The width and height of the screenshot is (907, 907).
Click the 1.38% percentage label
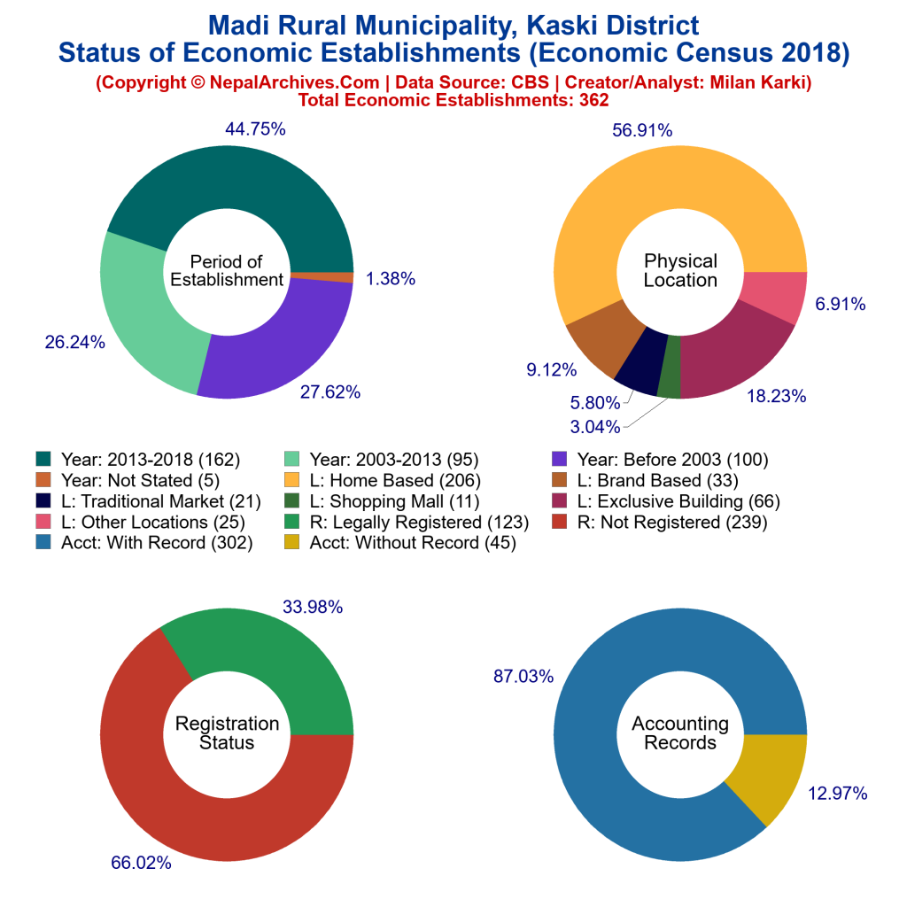pyautogui.click(x=391, y=279)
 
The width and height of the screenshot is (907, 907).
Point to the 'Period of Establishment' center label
pyautogui.click(x=227, y=270)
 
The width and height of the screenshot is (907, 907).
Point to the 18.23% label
pyautogui.click(x=777, y=396)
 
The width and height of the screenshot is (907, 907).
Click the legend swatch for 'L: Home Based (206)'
pyautogui.click(x=291, y=481)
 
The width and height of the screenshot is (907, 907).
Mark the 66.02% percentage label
pyautogui.click(x=141, y=862)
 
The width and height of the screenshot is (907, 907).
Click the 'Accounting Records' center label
pyautogui.click(x=680, y=733)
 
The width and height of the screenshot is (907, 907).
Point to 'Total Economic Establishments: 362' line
pyautogui.click(x=453, y=100)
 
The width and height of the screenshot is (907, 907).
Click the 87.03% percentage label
pyautogui.click(x=523, y=677)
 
